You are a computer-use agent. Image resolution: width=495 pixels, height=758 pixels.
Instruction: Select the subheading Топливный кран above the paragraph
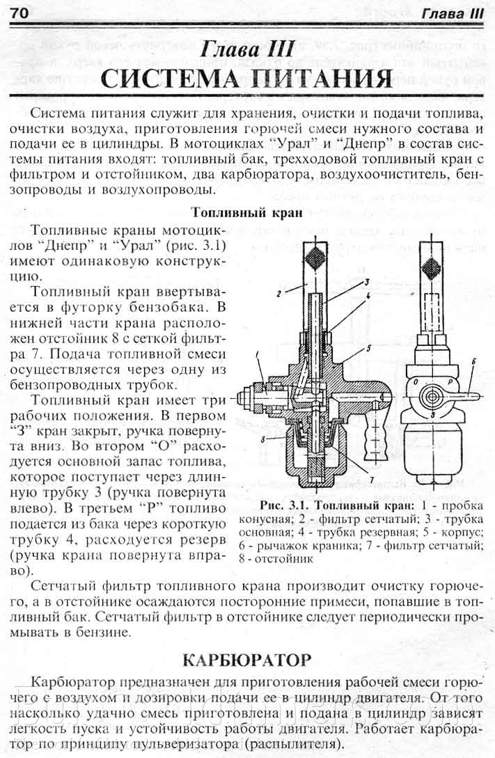click(x=246, y=212)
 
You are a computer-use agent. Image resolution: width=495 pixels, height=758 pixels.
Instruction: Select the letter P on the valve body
click(x=451, y=381)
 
